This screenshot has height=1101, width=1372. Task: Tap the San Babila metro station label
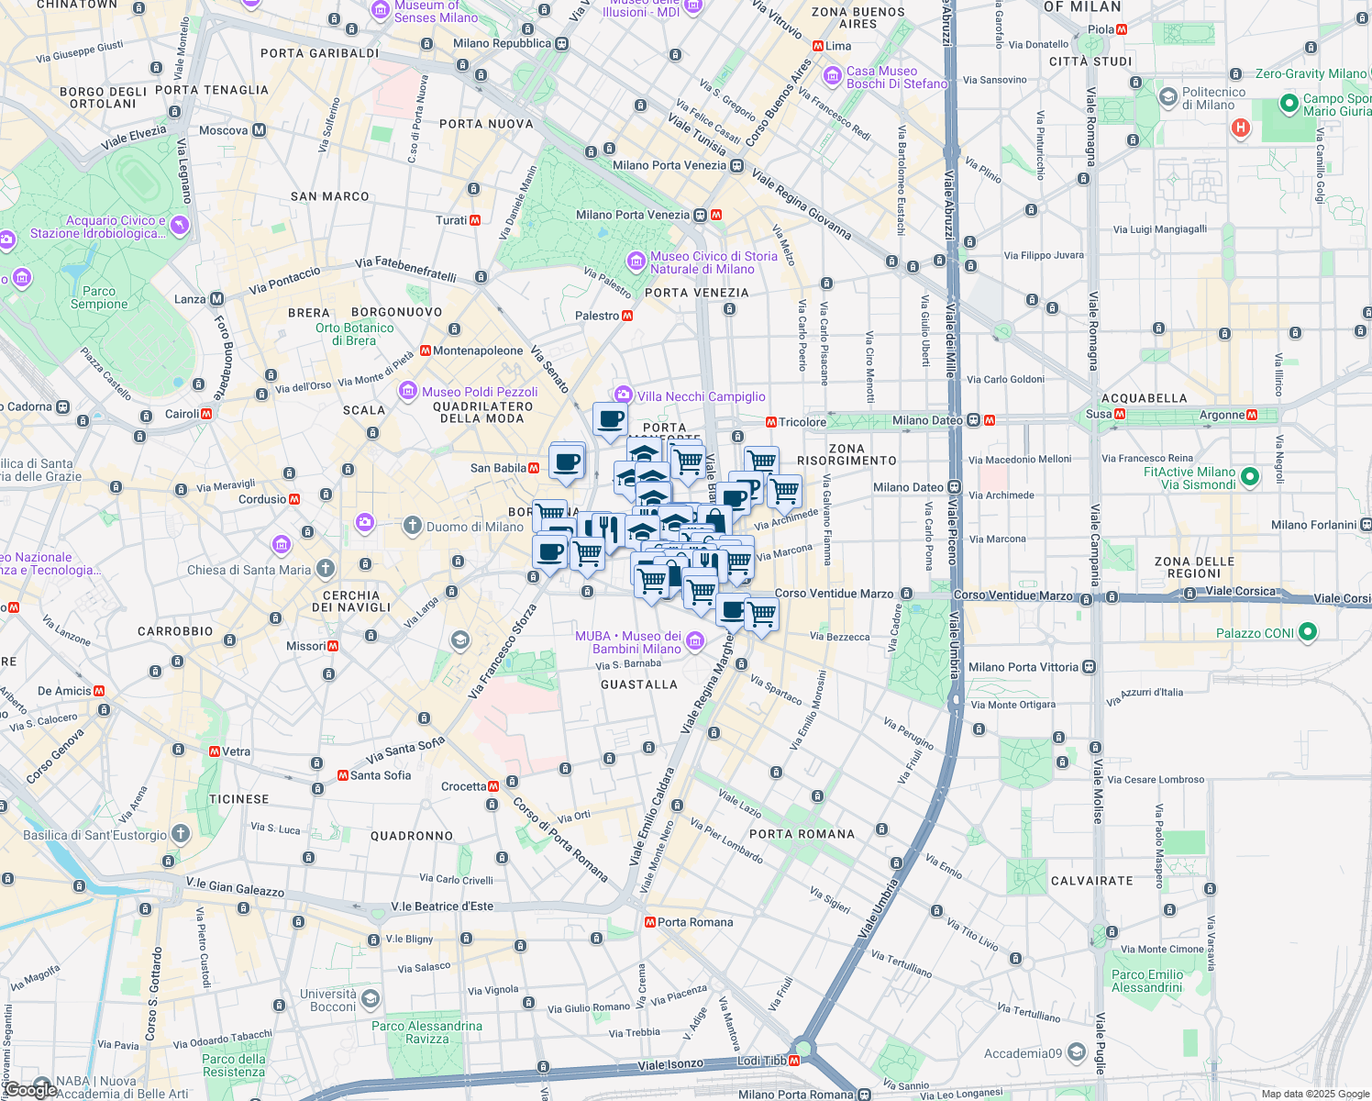[x=498, y=468]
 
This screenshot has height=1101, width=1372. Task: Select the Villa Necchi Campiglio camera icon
[x=624, y=395]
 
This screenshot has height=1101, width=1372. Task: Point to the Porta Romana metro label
[x=694, y=922]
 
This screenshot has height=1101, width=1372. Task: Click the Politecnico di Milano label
[x=1213, y=98]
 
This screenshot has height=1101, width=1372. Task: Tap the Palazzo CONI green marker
[x=1308, y=632]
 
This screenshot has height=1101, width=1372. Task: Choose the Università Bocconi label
[x=328, y=1000]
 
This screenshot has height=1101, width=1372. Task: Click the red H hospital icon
[x=1240, y=128]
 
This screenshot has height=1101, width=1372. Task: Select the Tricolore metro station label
[x=802, y=422]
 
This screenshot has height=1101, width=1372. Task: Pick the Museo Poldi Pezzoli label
[x=480, y=392]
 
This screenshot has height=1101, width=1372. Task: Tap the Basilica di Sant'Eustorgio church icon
[x=181, y=833]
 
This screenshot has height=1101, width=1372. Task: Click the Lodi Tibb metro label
[x=761, y=1061]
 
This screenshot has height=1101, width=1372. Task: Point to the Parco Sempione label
[x=99, y=297]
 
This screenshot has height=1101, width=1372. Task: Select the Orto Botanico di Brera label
[x=354, y=334]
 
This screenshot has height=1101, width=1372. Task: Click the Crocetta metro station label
[x=463, y=786]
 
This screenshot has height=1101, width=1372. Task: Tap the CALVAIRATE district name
[x=1091, y=881]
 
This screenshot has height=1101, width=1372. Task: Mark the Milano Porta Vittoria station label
[x=1023, y=667]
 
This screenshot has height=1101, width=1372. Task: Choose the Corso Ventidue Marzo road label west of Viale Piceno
[x=834, y=594]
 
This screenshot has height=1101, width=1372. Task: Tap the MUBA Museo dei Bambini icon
[x=695, y=640]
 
